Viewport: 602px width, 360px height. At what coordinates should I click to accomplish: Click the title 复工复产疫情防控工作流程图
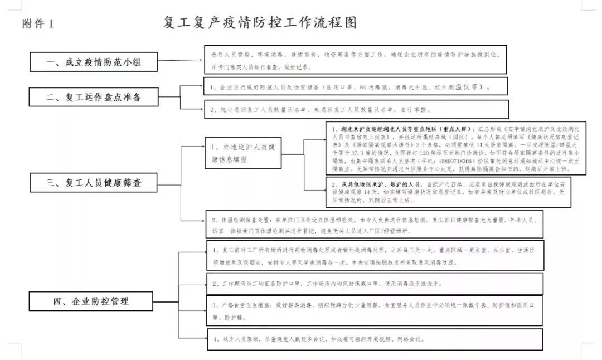tap(260, 23)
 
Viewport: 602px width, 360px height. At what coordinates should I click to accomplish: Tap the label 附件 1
tap(38, 24)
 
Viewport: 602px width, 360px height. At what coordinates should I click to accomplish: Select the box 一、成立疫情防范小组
tap(94, 61)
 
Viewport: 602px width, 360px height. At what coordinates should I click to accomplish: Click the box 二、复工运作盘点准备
tap(94, 97)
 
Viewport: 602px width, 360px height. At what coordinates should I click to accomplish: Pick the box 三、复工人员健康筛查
tap(94, 181)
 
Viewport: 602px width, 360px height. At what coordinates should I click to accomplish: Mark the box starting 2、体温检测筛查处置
tap(373, 224)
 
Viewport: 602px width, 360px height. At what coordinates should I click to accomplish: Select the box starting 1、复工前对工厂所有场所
tap(374, 255)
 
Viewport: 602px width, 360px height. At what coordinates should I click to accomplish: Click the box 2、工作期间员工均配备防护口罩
tap(374, 284)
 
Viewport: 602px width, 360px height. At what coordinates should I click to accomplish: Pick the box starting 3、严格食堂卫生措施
tap(374, 311)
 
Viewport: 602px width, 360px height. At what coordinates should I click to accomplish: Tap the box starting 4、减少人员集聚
tap(374, 339)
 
